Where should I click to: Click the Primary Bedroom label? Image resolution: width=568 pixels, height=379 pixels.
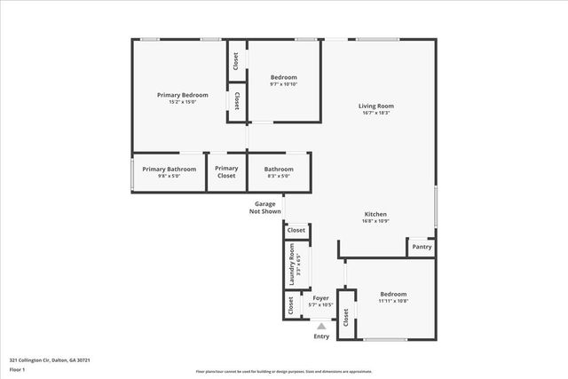click(x=182, y=95)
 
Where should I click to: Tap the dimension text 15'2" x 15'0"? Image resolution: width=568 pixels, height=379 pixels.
click(x=182, y=102)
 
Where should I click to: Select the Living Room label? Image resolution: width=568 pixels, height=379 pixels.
click(x=375, y=106)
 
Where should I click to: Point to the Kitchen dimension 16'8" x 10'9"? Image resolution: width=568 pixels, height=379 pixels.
click(x=375, y=222)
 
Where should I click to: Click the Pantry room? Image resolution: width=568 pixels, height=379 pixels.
click(x=422, y=247)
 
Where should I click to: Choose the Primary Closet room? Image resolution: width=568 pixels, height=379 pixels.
click(x=226, y=172)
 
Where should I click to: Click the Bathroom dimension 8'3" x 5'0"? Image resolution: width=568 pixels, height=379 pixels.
click(x=279, y=176)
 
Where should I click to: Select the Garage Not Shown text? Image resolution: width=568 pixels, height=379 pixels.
click(x=265, y=208)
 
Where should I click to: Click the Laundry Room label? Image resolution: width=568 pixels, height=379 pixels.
click(x=289, y=269)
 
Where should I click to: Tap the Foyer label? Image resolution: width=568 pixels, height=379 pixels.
click(x=320, y=298)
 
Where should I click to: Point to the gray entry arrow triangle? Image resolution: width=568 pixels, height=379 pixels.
click(x=321, y=326)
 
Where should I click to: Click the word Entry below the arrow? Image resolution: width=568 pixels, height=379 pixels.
click(x=321, y=336)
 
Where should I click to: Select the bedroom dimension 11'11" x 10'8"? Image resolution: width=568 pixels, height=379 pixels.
click(x=393, y=301)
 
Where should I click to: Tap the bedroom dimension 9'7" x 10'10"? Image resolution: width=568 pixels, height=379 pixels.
click(x=283, y=84)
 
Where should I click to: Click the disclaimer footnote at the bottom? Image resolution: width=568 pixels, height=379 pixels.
click(x=284, y=371)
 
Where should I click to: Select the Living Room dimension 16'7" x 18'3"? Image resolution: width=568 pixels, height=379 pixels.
click(x=375, y=113)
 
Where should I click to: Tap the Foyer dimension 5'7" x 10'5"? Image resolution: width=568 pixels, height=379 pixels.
click(x=320, y=305)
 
